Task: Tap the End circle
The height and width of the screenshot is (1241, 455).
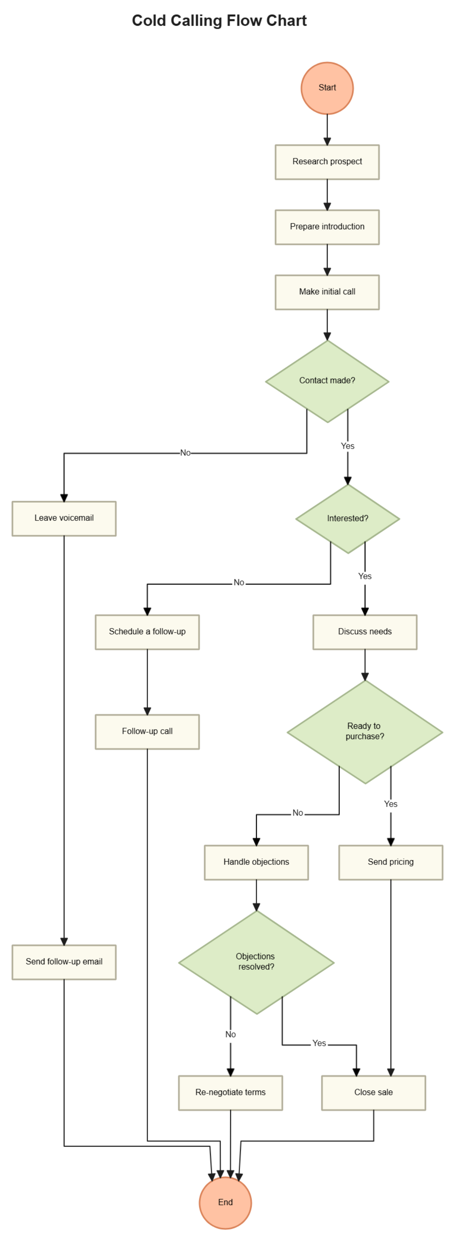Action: (225, 1202)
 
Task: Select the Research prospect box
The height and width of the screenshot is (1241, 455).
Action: (327, 162)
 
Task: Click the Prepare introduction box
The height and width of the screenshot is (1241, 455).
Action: (327, 227)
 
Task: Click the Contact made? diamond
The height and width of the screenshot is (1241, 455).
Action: (327, 381)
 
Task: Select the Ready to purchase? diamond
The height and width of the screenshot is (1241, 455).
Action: (364, 731)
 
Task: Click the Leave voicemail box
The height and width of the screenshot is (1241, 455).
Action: (64, 518)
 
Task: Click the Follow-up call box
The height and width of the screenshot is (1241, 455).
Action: (147, 731)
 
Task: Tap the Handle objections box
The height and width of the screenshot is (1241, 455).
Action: (256, 862)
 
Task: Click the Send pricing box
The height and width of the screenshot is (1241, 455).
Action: (391, 862)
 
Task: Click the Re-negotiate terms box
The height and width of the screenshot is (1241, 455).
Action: (231, 1093)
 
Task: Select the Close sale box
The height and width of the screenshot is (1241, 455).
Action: (373, 1093)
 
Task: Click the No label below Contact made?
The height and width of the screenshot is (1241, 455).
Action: (185, 453)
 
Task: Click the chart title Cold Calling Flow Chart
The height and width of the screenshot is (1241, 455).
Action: (219, 21)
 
